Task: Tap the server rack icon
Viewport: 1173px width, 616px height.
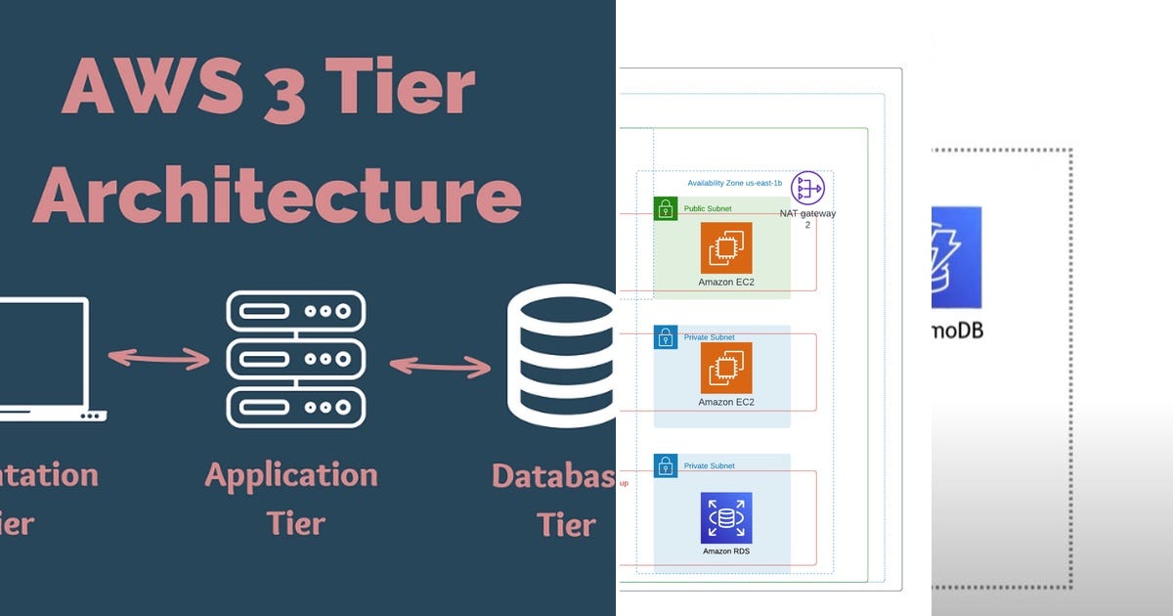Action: point(295,359)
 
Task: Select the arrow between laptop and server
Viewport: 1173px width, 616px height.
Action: point(158,358)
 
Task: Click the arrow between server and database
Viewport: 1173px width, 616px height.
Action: point(441,367)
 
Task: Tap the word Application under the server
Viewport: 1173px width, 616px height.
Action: point(291,476)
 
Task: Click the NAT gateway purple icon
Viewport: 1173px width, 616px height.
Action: point(807,188)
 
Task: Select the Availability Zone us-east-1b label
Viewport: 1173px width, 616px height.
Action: point(734,183)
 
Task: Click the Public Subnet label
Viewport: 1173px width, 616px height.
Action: point(707,208)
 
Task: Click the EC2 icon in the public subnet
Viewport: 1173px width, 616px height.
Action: point(726,248)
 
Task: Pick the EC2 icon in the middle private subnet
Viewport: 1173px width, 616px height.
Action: point(726,369)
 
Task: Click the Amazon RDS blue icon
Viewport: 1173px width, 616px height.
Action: point(726,518)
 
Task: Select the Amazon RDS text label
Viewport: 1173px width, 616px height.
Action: point(726,551)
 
